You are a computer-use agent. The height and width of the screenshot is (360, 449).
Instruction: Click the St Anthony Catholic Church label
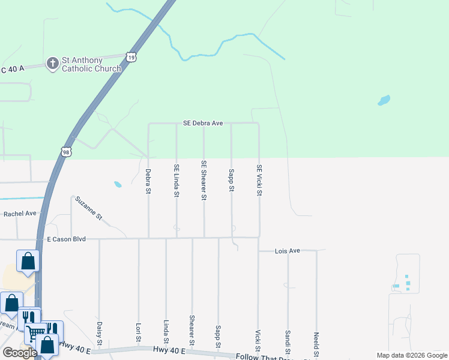[91, 64]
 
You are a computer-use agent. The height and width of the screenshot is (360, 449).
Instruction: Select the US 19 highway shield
[132, 56]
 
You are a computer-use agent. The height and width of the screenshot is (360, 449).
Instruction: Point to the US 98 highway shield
[65, 152]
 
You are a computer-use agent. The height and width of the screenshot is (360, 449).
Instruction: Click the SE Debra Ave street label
[203, 123]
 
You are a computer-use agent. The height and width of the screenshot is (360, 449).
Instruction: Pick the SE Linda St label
[176, 181]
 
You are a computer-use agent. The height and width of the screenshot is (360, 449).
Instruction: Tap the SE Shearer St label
[204, 181]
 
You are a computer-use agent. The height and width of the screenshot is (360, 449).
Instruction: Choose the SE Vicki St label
[259, 181]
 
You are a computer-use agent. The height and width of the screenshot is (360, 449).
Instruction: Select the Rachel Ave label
[20, 214]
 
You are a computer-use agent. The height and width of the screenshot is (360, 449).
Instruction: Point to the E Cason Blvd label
[66, 239]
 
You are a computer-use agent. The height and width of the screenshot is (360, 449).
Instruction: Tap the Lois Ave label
[287, 251]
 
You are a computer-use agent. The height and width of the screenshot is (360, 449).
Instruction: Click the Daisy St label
[100, 334]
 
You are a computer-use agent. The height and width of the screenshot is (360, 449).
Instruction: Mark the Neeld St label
[316, 342]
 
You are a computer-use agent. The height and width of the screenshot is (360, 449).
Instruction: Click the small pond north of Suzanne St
[118, 184]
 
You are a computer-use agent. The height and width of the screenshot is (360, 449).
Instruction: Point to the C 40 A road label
[12, 70]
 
